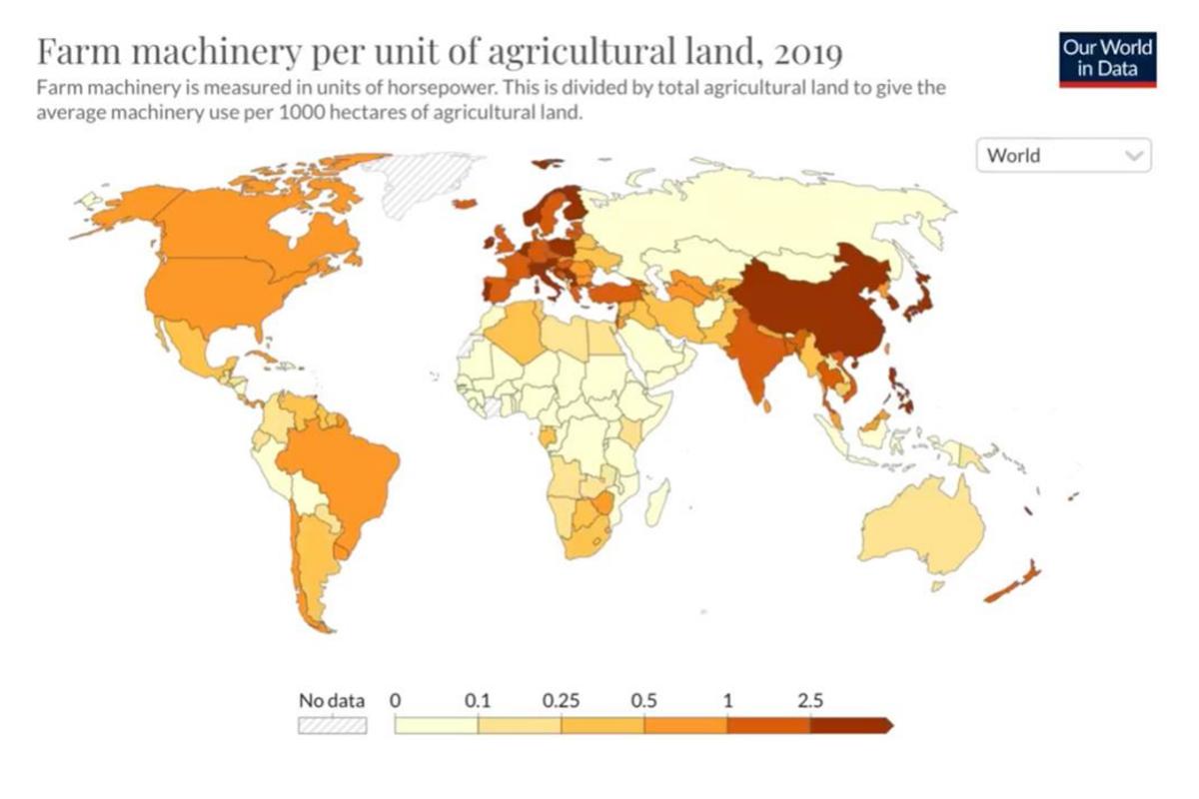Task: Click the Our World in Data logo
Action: pyautogui.click(x=1107, y=58)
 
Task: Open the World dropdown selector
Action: pyautogui.click(x=1063, y=156)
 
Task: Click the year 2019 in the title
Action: pyautogui.click(x=807, y=50)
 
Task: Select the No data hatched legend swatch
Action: pyautogui.click(x=333, y=725)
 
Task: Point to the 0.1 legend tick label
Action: pyautogui.click(x=479, y=701)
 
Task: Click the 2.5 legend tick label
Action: pyautogui.click(x=810, y=701)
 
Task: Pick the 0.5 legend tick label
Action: pyautogui.click(x=644, y=701)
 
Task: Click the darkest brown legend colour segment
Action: pyautogui.click(x=849, y=725)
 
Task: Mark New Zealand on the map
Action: pyautogui.click(x=1014, y=585)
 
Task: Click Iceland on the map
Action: pyautogui.click(x=466, y=204)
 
